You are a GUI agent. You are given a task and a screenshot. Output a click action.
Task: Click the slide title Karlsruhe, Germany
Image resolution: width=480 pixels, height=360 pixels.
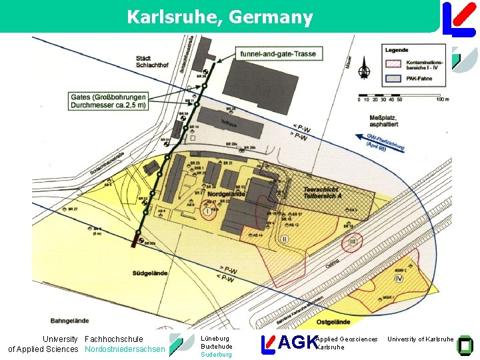[x=219, y=17]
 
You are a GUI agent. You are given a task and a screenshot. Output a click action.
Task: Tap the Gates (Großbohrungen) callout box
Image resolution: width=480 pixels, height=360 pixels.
[x=109, y=101]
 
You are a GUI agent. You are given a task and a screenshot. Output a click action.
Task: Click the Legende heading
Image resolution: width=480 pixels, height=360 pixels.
[x=397, y=49]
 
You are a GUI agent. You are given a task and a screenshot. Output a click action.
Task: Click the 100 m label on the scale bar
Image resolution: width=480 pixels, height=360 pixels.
[x=442, y=100]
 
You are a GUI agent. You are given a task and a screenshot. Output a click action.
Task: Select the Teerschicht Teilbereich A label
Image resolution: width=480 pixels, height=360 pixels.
[x=323, y=192]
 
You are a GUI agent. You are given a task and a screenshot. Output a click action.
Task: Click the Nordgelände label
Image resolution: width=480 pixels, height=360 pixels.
[x=226, y=194]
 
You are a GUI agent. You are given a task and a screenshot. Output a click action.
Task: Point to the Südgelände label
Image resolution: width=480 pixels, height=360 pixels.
[x=150, y=273]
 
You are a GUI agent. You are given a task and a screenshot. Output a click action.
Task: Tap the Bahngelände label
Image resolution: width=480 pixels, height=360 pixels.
[x=69, y=321]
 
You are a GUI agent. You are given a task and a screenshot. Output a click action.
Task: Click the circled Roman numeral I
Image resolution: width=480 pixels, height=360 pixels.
[x=207, y=211]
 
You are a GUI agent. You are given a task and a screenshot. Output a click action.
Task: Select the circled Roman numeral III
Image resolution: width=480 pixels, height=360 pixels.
[x=353, y=243]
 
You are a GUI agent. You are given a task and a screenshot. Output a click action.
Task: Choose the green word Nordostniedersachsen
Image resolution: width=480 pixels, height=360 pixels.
[x=125, y=349]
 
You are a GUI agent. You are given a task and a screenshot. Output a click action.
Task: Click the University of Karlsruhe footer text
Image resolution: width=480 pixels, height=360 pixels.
[x=421, y=339]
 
